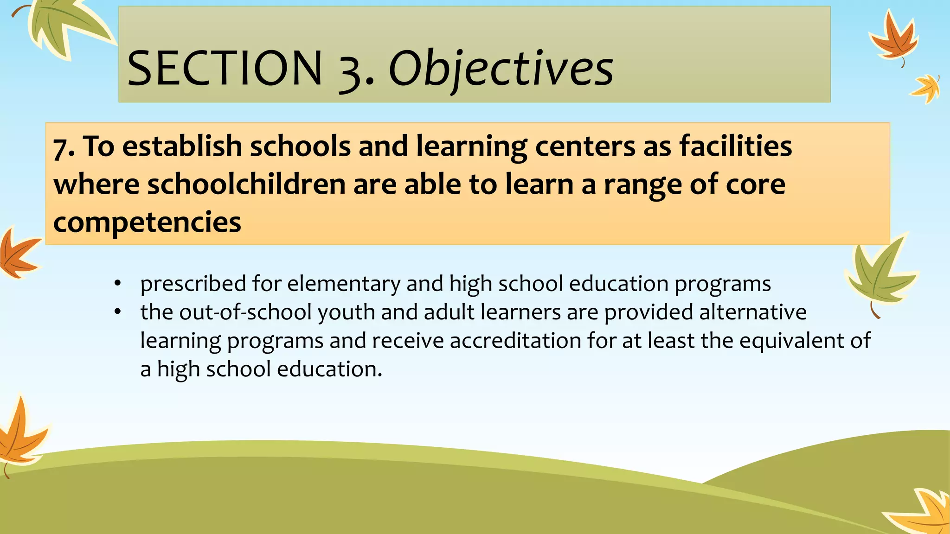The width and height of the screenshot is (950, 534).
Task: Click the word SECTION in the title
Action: (x=225, y=69)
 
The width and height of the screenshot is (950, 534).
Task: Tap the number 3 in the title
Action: (x=352, y=70)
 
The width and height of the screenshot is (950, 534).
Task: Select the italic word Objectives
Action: (x=501, y=70)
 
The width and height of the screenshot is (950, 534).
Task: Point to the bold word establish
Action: (x=182, y=146)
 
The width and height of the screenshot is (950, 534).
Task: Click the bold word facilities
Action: (x=736, y=146)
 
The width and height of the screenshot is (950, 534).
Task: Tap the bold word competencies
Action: (x=147, y=222)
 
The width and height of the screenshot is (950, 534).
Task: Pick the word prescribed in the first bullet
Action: (x=193, y=284)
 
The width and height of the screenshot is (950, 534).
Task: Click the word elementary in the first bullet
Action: (x=343, y=284)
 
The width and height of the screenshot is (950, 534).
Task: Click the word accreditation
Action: (x=515, y=341)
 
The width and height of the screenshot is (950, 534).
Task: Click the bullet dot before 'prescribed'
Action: (x=118, y=283)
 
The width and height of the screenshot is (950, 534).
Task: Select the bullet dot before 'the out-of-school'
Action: (x=118, y=311)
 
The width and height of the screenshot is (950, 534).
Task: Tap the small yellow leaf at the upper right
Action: (x=927, y=88)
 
